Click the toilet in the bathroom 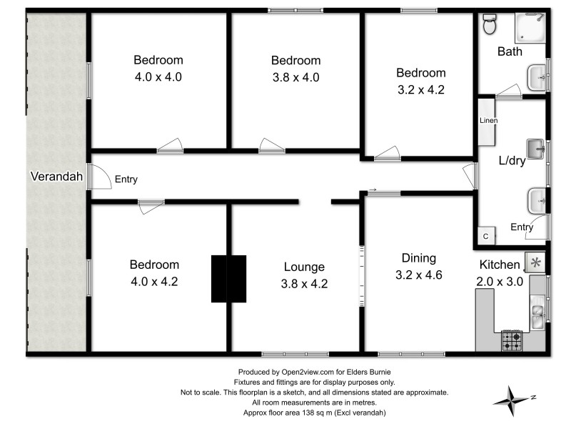[x=490, y=25]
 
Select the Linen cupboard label [x=488, y=120]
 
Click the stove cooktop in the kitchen [x=512, y=340]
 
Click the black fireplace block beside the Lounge [x=228, y=278]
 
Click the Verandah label [x=56, y=176]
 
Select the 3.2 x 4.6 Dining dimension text [x=418, y=274]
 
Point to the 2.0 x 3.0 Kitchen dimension [x=500, y=281]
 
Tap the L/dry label [x=512, y=161]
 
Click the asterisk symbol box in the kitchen [x=535, y=262]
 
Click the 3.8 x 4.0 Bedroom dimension [x=295, y=77]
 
